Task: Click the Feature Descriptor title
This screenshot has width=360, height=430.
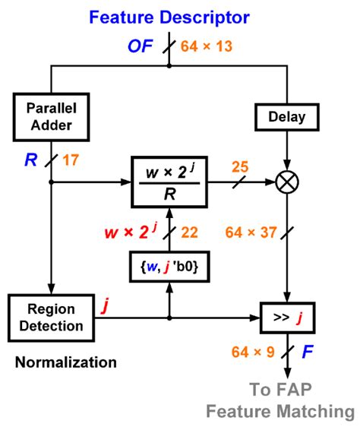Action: pos(169,16)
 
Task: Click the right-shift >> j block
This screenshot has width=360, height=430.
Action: pos(289,318)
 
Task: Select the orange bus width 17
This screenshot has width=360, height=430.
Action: pos(71,161)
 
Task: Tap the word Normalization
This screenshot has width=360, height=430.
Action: pos(66,362)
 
